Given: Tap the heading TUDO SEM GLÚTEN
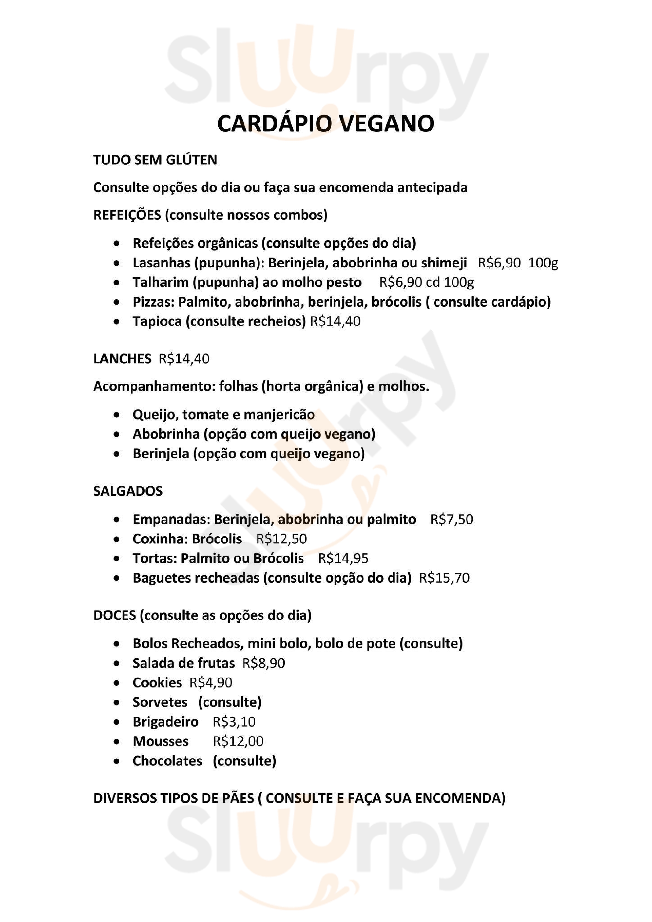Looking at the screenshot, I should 155,160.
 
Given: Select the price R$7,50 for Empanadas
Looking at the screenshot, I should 451,519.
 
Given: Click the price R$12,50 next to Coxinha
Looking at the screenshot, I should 281,539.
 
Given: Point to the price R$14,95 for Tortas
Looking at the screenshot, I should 343,558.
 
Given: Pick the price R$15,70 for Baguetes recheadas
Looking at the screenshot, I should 444,578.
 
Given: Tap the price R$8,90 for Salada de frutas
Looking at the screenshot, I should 264,663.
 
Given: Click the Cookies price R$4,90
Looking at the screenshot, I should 211,683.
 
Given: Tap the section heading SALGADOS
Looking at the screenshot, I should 128,491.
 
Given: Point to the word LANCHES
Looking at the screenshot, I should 122,359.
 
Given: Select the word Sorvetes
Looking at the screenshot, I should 160,702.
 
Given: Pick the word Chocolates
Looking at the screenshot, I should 167,761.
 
